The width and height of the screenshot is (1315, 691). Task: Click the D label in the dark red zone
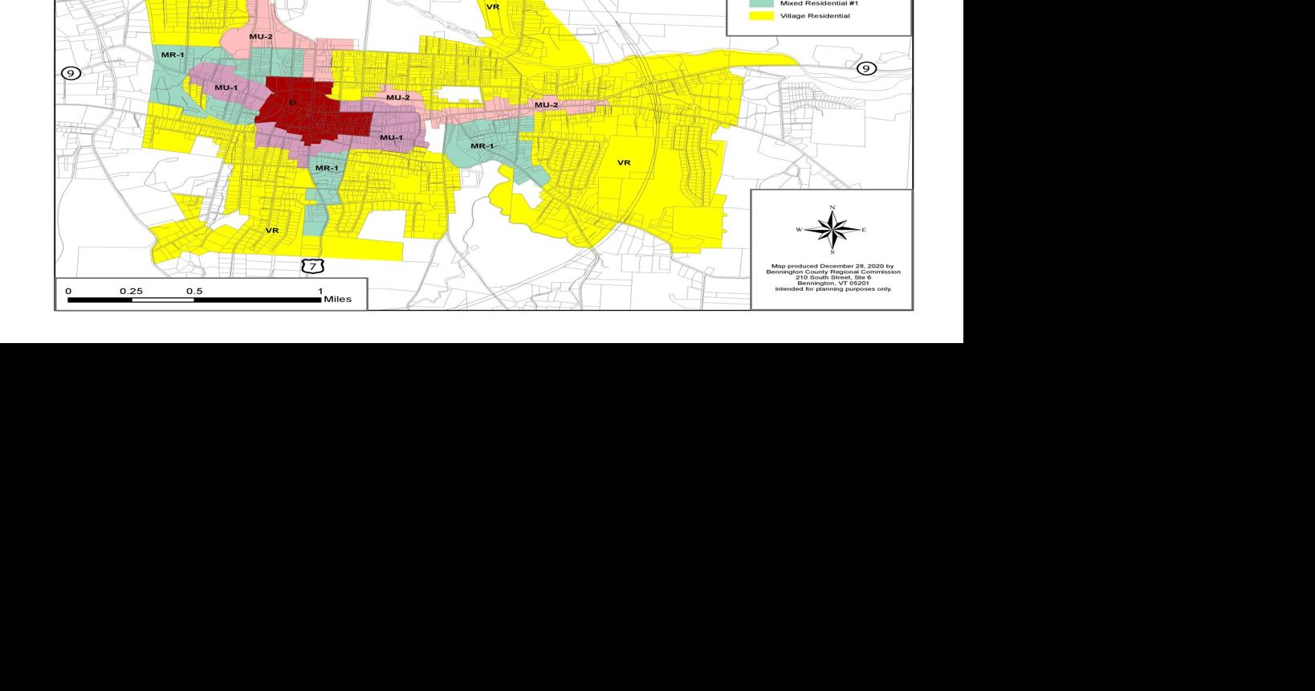click(292, 103)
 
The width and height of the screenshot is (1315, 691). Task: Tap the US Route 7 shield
click(312, 266)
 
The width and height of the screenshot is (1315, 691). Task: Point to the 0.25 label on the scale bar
click(131, 291)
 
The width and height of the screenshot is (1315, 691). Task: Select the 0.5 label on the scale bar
click(194, 291)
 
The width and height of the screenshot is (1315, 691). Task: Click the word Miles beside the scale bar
click(337, 300)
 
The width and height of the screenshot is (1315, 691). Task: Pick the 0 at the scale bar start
click(68, 291)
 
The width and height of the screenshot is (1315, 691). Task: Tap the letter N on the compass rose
click(833, 208)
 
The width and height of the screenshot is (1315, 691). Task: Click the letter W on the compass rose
click(799, 230)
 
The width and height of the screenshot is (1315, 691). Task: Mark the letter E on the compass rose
click(864, 230)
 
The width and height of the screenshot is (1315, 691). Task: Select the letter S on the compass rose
click(833, 252)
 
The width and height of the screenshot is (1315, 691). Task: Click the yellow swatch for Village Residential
click(762, 16)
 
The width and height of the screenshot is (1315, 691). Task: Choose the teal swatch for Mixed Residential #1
click(762, 3)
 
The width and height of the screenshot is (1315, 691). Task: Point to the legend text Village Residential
click(815, 16)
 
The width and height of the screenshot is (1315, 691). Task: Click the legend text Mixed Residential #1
click(819, 3)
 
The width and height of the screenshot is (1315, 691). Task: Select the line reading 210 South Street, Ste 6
click(833, 277)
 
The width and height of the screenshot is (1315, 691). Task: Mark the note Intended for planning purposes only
click(833, 288)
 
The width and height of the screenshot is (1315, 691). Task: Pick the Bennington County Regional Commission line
click(833, 272)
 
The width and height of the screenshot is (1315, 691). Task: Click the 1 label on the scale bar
click(320, 291)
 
